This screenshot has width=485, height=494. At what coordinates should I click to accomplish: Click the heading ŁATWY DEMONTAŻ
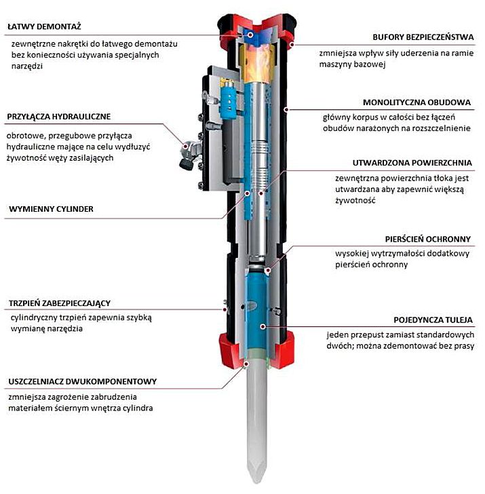click(x=44, y=26)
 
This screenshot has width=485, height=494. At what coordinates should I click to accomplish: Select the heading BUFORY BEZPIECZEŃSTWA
click(x=423, y=37)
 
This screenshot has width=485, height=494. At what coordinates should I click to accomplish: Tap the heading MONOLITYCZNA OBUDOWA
click(x=416, y=102)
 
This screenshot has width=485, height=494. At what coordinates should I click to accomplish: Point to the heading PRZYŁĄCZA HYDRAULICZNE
click(x=59, y=117)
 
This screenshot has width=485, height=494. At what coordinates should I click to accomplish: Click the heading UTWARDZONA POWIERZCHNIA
click(x=412, y=163)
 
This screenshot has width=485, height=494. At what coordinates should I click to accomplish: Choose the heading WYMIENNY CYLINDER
click(x=51, y=209)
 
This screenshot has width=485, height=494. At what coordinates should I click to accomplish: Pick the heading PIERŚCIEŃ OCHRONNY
click(x=427, y=239)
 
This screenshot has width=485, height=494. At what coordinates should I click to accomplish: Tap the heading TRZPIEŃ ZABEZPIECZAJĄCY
click(x=60, y=303)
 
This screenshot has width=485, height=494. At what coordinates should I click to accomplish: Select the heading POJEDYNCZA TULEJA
click(x=433, y=320)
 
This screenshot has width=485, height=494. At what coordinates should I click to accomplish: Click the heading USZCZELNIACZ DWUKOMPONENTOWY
click(x=83, y=381)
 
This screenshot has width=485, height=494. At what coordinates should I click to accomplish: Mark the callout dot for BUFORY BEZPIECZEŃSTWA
click(x=292, y=44)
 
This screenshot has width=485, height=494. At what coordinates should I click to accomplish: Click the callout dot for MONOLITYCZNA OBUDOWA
click(x=286, y=109)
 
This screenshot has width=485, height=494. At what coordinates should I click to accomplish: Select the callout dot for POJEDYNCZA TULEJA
click(x=263, y=326)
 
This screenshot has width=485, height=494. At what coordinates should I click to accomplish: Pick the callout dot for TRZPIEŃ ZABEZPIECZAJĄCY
click(x=225, y=309)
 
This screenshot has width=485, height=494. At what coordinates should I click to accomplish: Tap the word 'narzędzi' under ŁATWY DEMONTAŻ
click(x=27, y=66)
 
